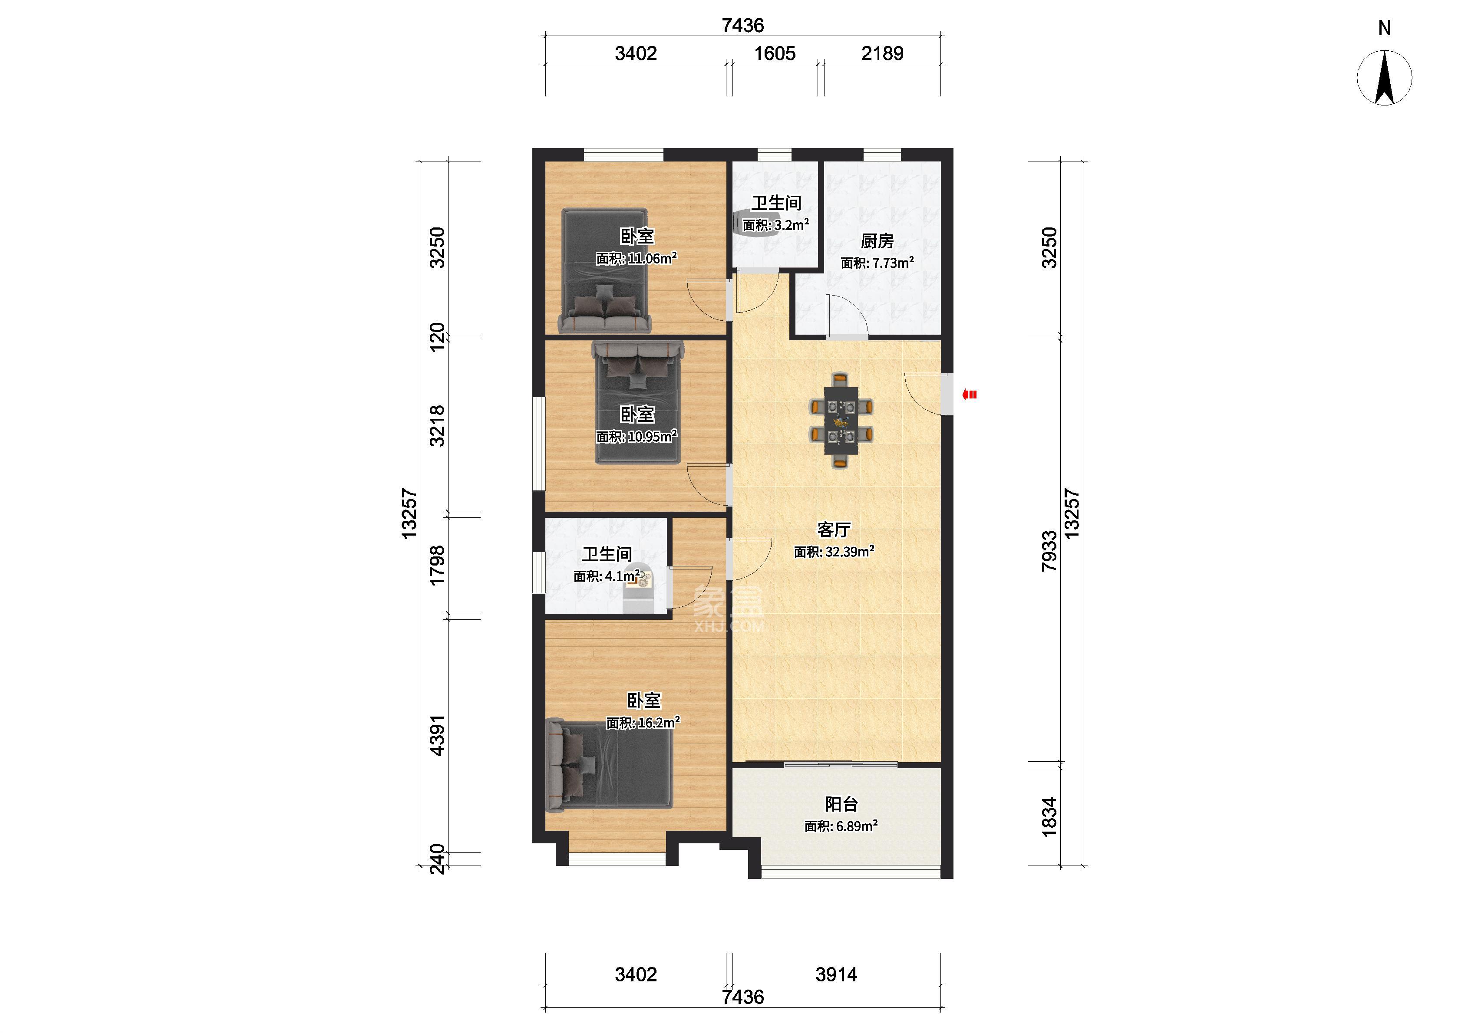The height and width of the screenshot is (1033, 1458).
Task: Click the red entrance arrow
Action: click(x=970, y=395)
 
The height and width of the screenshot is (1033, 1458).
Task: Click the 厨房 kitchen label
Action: click(x=877, y=241)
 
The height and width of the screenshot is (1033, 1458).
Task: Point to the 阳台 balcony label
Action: click(x=841, y=804)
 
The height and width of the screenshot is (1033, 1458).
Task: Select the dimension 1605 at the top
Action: click(x=775, y=53)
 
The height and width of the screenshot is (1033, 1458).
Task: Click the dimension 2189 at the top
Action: click(x=882, y=53)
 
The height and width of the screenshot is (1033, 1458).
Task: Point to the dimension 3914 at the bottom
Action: click(x=837, y=974)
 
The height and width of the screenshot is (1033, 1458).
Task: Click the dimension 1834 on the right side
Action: click(x=1049, y=817)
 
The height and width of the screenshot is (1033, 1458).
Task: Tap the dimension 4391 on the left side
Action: click(x=438, y=735)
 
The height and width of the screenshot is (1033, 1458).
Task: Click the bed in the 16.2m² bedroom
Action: click(x=610, y=765)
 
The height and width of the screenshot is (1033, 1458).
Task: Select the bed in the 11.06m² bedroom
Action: click(x=604, y=271)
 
